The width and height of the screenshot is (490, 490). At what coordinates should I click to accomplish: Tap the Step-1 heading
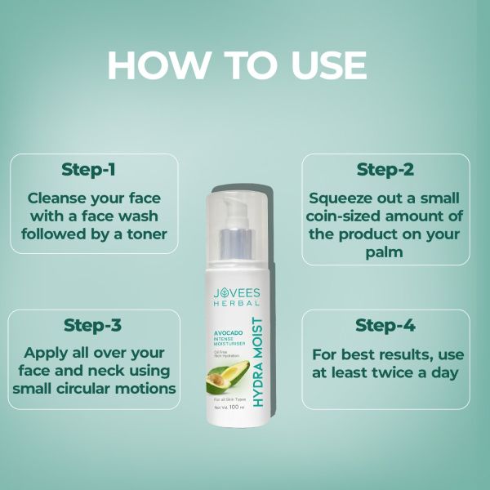88,170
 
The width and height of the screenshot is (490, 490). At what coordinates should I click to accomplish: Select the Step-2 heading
385,170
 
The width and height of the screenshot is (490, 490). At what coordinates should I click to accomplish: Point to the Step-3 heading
92,325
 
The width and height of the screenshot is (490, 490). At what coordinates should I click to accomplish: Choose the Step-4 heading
385,325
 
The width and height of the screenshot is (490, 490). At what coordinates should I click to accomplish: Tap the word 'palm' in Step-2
385,253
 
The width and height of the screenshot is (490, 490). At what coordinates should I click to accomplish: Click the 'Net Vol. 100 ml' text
225,406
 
